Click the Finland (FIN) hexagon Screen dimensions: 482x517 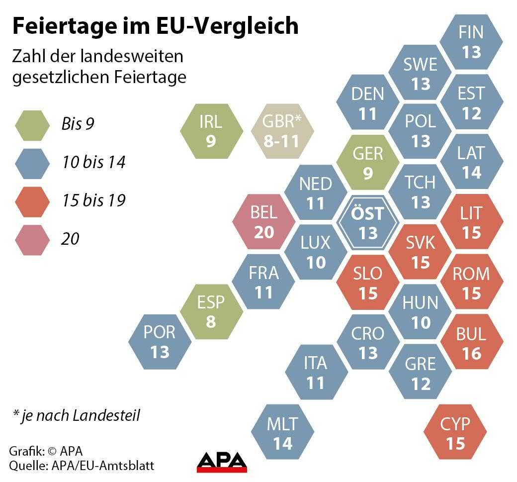click(x=471, y=42)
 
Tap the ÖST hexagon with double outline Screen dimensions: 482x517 click(x=368, y=222)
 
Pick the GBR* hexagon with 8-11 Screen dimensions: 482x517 click(x=282, y=132)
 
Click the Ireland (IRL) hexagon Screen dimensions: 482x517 click(x=211, y=132)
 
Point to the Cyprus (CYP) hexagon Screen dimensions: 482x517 click(x=455, y=433)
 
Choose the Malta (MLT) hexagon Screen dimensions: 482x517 click(x=282, y=433)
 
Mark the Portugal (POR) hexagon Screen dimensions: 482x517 click(x=160, y=342)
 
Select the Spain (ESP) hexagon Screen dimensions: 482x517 click(x=211, y=311)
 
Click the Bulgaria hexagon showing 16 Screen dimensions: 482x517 click(x=471, y=343)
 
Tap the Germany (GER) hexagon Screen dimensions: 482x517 click(x=368, y=162)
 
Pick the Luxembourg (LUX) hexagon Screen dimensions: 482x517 click(x=316, y=252)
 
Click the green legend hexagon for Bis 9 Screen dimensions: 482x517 click(x=32, y=124)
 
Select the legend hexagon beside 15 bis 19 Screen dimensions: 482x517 click(x=32, y=201)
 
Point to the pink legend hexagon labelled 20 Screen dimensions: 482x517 click(x=32, y=239)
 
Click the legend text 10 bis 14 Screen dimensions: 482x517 click(x=93, y=162)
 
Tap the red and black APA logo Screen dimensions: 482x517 click(x=222, y=462)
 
